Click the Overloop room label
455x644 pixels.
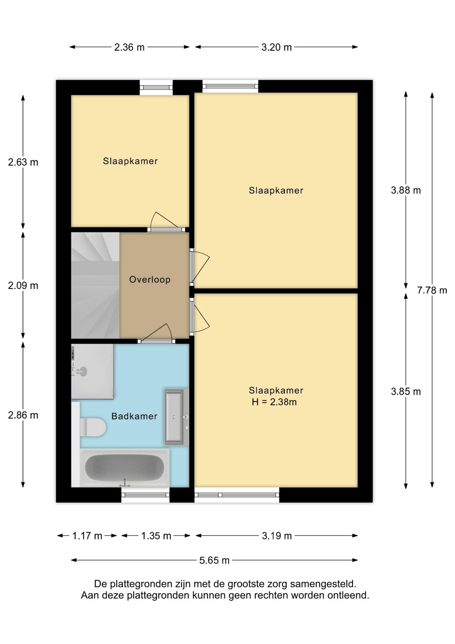pos(150,279)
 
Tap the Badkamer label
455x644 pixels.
pos(134,416)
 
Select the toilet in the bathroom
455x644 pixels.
pos(93,427)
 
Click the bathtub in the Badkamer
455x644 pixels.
pos(125,468)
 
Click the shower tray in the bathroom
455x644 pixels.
pos(92,371)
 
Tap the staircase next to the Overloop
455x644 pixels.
pos(95,285)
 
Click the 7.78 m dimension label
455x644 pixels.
pos(432,290)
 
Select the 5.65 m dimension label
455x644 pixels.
pos(214,560)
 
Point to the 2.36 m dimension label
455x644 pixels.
pos(129,47)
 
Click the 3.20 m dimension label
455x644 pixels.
pos(276,47)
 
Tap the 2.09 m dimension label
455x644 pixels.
pos(23,285)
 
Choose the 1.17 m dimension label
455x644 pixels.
pos(87,536)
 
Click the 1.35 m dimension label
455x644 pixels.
pos(156,536)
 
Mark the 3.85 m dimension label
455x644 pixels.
pos(406,391)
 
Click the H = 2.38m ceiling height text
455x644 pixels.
pos(274,402)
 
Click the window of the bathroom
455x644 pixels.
pos(145,495)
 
